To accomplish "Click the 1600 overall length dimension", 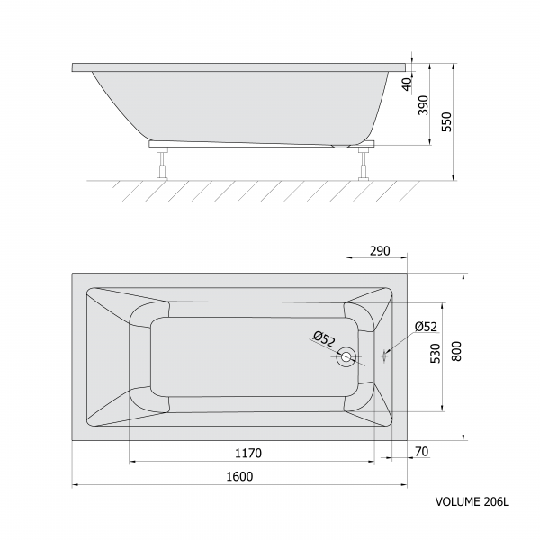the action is (239, 476).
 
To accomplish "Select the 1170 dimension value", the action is (248, 453).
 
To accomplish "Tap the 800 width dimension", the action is (456, 351).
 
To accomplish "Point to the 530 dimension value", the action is (436, 354).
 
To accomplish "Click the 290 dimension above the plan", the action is (380, 251).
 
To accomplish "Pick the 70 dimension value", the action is (422, 451).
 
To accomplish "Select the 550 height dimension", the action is (446, 121).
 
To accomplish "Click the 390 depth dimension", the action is (423, 105).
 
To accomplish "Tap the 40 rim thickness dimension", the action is (408, 85).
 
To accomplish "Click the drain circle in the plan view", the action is (346, 356).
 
